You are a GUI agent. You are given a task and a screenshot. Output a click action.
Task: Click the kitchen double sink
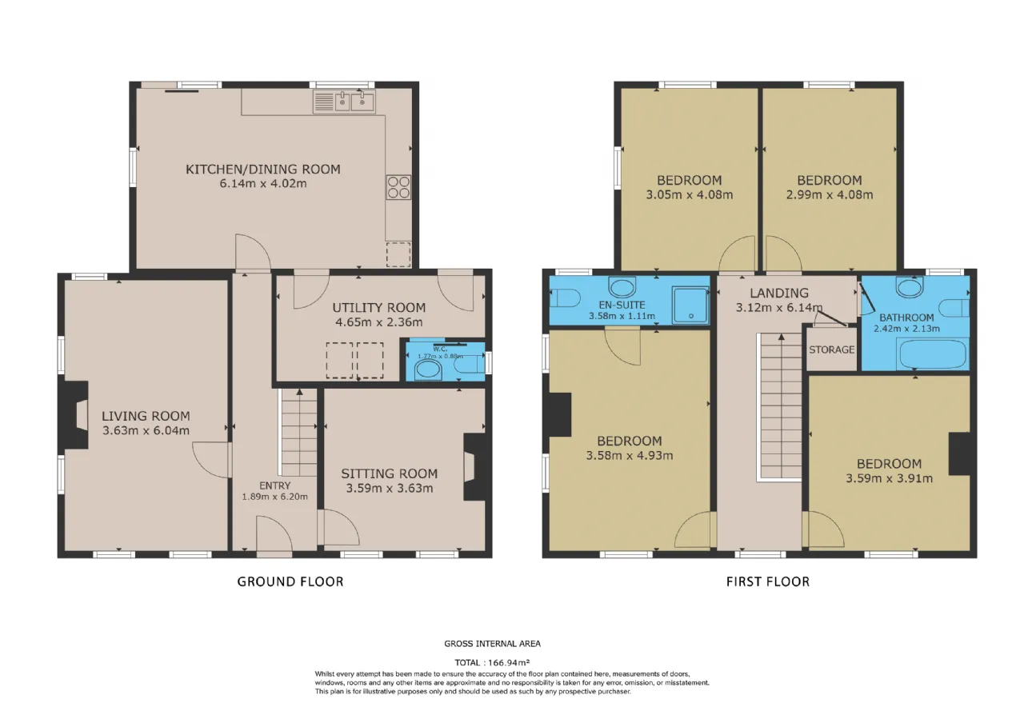pos(344,102)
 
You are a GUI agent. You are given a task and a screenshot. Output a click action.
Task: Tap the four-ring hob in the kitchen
pos(398,187)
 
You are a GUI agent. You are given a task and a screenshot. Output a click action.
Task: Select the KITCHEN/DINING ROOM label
pos(263,170)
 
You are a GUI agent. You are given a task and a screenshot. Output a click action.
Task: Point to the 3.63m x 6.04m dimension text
pos(146,430)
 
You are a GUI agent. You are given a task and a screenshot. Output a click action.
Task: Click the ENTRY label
pos(274,485)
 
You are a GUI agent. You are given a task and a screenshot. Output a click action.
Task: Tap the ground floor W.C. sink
pos(428,370)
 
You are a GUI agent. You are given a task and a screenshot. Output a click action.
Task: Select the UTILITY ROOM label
pos(379,308)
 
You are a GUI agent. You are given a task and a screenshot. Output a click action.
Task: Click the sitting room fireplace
pos(475,466)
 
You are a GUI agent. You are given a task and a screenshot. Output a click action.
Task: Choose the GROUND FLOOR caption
pos(290,581)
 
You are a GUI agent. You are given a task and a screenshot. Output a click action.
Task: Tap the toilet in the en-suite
pos(565,298)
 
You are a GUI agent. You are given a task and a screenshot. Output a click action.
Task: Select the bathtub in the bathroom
pos(933,354)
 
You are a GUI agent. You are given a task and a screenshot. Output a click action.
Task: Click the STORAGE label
pos(831,350)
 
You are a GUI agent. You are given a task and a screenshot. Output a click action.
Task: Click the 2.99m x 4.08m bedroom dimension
pos(830,195)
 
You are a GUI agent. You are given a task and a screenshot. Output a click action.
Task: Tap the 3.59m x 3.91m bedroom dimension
pos(889,478)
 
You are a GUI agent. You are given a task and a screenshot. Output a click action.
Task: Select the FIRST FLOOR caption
pos(768,581)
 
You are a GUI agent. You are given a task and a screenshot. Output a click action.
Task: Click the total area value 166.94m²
pos(509,662)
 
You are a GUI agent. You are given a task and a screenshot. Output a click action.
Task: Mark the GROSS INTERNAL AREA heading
pos(492,644)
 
